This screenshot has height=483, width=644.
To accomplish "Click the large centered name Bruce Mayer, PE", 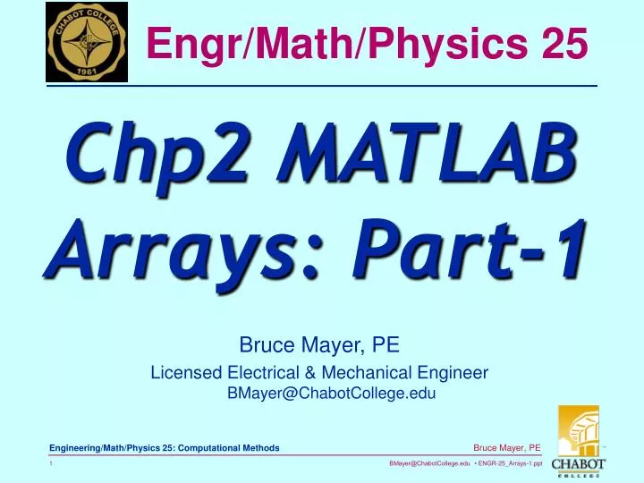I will click(x=319, y=345).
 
